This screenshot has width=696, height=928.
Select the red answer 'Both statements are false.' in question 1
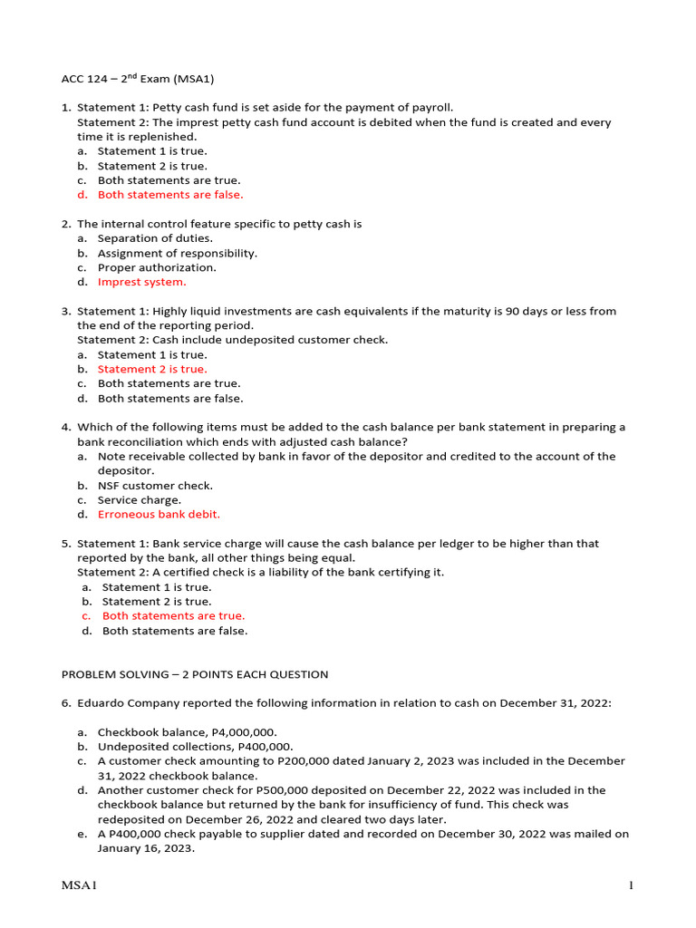(170, 195)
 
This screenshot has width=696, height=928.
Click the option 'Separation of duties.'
(155, 238)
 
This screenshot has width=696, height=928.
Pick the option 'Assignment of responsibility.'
(177, 253)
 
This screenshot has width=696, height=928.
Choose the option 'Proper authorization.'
(157, 267)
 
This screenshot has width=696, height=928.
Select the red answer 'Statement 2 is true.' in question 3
(152, 369)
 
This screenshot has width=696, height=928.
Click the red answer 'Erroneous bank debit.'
(159, 515)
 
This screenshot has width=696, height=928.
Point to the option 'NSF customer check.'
(155, 486)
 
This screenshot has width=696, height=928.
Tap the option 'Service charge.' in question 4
(140, 500)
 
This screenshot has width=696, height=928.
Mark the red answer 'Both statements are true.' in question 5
(173, 616)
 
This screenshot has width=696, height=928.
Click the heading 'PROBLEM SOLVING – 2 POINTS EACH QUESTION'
(194, 674)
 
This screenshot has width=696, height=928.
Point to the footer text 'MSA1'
(79, 885)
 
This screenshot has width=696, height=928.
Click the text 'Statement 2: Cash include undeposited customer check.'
(232, 340)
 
